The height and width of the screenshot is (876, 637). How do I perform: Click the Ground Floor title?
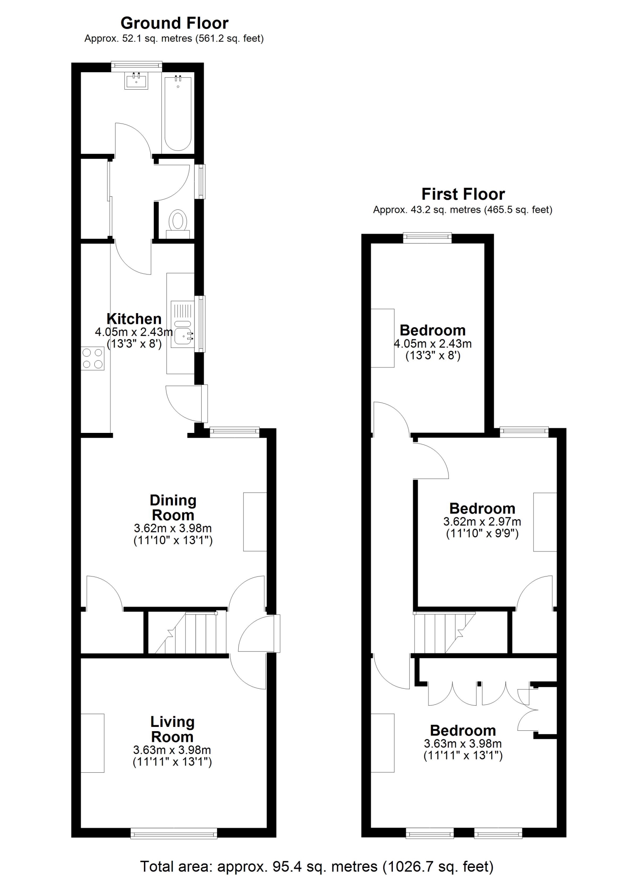[175, 23]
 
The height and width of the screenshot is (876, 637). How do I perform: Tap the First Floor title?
[463, 194]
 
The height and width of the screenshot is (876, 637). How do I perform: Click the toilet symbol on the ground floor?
[178, 224]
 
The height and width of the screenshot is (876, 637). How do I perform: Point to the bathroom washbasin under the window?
[136, 81]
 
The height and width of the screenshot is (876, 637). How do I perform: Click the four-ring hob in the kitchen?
[93, 358]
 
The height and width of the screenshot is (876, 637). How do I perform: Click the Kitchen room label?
[134, 319]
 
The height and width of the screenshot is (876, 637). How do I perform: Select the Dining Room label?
[173, 508]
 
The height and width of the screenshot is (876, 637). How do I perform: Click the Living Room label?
[172, 729]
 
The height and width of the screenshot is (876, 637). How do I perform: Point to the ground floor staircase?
[190, 633]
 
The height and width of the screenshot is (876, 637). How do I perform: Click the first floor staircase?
[444, 633]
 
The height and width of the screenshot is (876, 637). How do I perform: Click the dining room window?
[234, 432]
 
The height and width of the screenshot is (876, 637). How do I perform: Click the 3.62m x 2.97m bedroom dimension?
[482, 521]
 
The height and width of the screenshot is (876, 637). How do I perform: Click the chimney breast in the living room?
[93, 743]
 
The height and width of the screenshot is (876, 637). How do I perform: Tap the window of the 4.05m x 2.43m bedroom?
[427, 238]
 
